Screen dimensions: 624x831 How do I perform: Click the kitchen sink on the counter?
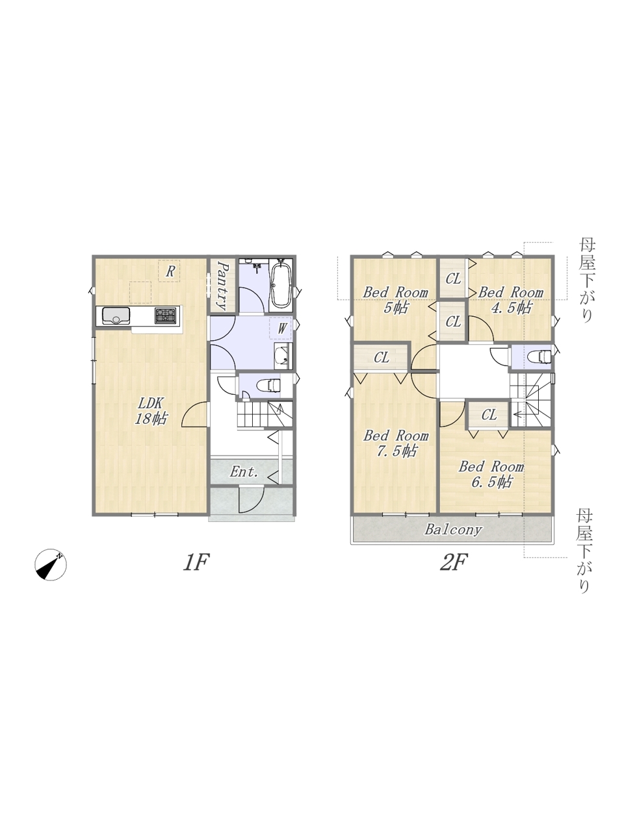[116, 316]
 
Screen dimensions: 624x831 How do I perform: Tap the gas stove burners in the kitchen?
[166, 315]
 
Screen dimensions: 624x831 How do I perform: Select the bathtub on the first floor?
[281, 282]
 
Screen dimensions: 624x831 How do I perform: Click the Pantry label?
[224, 285]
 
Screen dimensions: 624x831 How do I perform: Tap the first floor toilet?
[268, 386]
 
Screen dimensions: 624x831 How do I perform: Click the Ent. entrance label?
[244, 472]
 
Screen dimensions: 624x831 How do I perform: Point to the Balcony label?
[453, 529]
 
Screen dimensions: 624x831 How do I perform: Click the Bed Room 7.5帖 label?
[396, 443]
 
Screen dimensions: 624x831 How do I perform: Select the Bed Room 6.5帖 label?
[491, 474]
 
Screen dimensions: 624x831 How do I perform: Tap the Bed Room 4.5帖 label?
[511, 299]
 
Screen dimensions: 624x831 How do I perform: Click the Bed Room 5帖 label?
[396, 299]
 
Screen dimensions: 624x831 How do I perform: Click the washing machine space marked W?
[281, 329]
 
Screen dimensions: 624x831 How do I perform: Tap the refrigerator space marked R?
[169, 271]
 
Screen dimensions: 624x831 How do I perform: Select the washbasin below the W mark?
[282, 356]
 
